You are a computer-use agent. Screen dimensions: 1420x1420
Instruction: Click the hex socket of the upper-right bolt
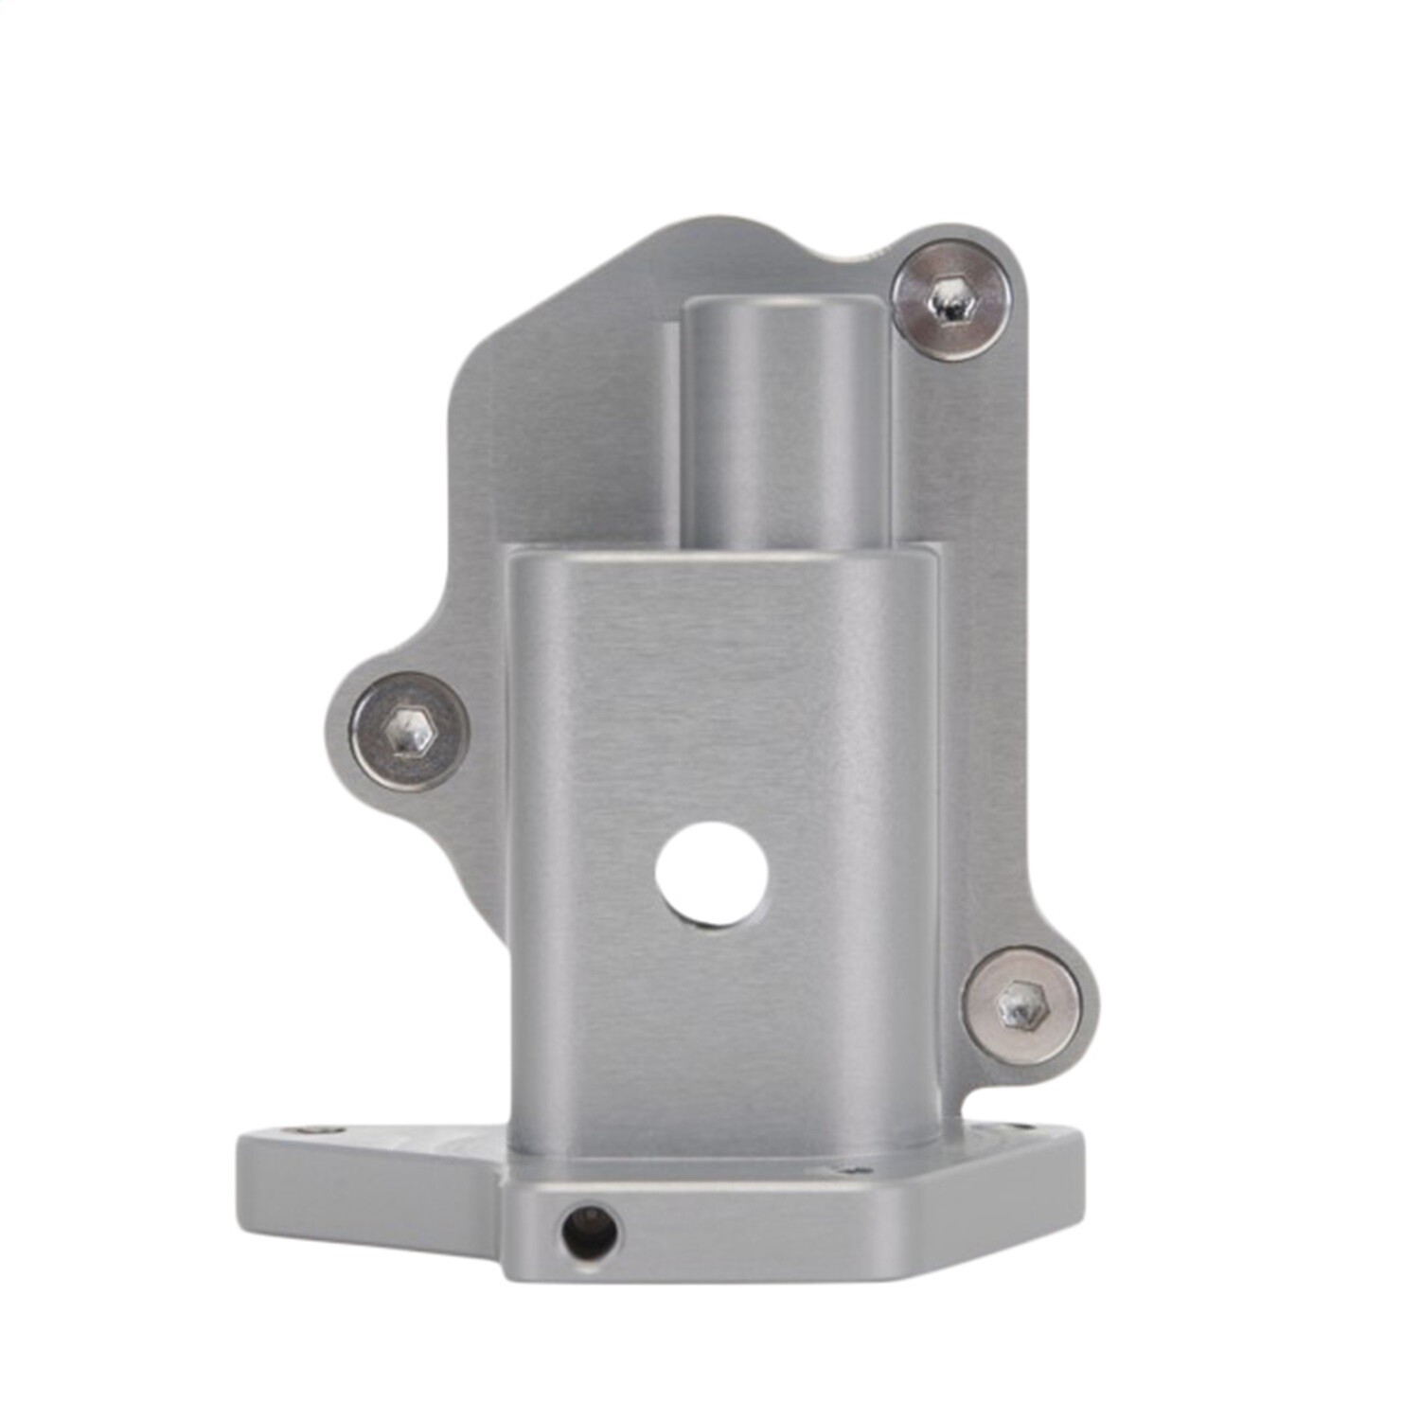(950, 300)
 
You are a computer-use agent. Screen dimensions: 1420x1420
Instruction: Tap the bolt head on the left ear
(409, 732)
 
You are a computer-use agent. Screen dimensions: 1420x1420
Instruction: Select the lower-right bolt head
(1021, 1001)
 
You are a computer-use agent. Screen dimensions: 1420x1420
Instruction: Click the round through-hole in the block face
(712, 874)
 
